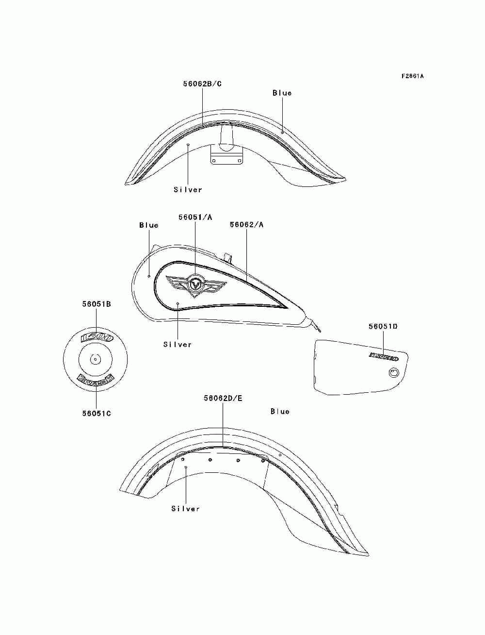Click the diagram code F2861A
tap(412, 76)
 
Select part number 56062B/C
tap(202, 84)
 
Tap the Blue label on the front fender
tap(282, 93)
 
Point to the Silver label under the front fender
tap(188, 190)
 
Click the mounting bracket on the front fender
tap(226, 156)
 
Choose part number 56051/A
tap(195, 217)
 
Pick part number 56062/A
tap(246, 225)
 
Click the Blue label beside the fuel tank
tap(148, 225)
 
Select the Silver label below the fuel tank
tap(178, 345)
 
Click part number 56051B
tap(96, 304)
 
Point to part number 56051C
tap(96, 414)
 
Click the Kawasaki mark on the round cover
tap(96, 379)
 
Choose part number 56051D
tap(383, 327)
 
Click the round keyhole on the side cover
tap(393, 373)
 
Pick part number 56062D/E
tap(223, 399)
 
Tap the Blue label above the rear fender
tap(280, 412)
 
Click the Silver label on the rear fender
tap(185, 509)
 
